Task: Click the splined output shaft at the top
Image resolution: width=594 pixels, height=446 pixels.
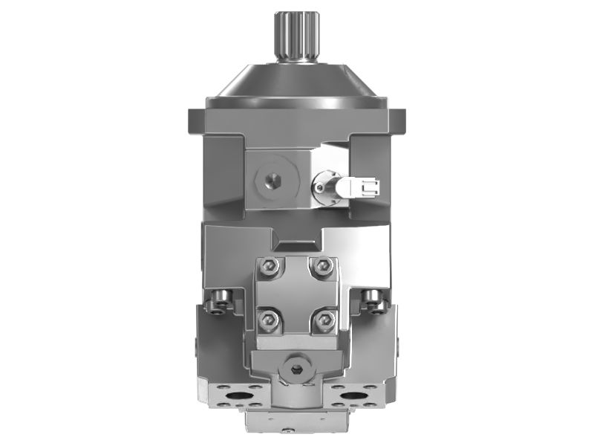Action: click(x=296, y=36)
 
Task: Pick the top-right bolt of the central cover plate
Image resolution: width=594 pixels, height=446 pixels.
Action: click(x=323, y=266)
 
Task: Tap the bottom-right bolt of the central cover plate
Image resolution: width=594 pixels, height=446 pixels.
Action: click(x=324, y=320)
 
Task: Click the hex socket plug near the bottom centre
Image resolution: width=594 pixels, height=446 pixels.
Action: click(x=296, y=370)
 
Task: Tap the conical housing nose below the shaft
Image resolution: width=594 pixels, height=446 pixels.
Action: click(x=296, y=82)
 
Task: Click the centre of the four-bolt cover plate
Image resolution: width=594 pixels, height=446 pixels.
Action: click(x=296, y=294)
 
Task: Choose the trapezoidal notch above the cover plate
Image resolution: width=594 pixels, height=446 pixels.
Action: click(x=296, y=240)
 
